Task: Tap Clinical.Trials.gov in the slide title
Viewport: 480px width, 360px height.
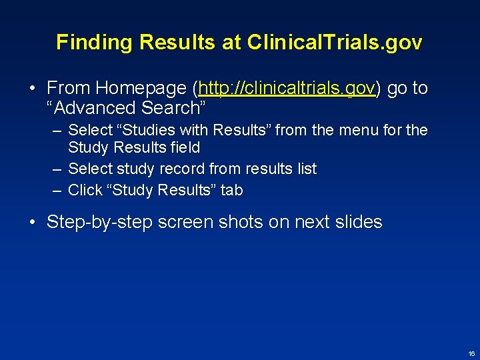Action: pos(335,43)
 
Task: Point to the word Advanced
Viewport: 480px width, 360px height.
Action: pos(97,108)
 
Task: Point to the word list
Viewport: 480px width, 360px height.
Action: pos(305,169)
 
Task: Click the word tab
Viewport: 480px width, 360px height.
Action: pos(231,191)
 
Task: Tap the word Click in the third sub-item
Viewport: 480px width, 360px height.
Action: pos(85,191)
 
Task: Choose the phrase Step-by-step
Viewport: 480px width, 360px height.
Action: pos(100,222)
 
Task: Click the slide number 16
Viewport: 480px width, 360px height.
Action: pos(471,353)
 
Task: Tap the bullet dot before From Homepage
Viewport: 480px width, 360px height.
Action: pos(32,89)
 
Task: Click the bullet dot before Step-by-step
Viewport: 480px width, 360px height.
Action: pos(32,222)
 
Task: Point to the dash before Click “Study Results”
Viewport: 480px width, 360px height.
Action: pos(57,191)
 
